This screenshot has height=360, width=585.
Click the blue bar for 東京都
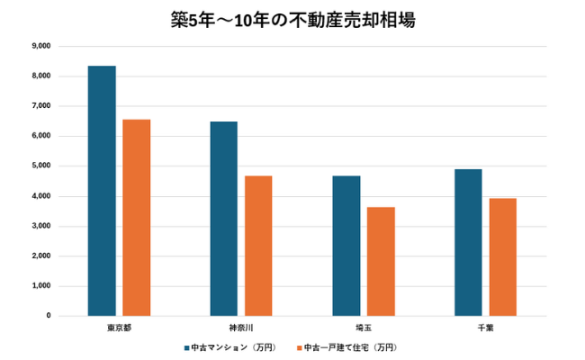(x=102, y=191)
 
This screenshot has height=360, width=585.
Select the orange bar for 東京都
(x=137, y=218)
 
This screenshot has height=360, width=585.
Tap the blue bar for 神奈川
(x=224, y=219)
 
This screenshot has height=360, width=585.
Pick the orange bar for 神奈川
(x=258, y=246)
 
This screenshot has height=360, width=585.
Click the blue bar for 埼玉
(x=346, y=246)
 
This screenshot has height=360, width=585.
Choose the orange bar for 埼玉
(x=381, y=262)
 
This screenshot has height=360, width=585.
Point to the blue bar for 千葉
(x=468, y=242)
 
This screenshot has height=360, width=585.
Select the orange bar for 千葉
(x=502, y=257)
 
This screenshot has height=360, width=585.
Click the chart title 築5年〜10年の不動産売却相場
(x=292, y=20)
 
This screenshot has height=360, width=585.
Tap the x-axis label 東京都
(x=119, y=326)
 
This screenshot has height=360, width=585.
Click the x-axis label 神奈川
(x=241, y=326)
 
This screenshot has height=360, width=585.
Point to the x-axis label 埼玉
(x=364, y=326)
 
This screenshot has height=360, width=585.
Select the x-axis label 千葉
(x=485, y=326)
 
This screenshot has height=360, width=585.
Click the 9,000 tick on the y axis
(x=40, y=46)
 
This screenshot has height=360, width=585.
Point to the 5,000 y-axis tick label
(x=40, y=166)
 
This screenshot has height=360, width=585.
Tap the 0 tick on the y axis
(x=48, y=316)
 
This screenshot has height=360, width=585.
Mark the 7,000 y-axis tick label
(x=40, y=106)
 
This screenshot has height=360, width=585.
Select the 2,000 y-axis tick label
(x=40, y=256)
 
